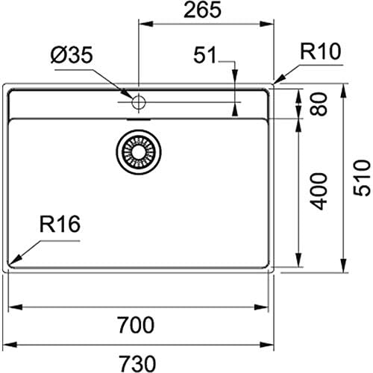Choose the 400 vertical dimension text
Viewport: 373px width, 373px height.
(x=319, y=191)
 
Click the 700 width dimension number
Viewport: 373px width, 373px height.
(x=139, y=325)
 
